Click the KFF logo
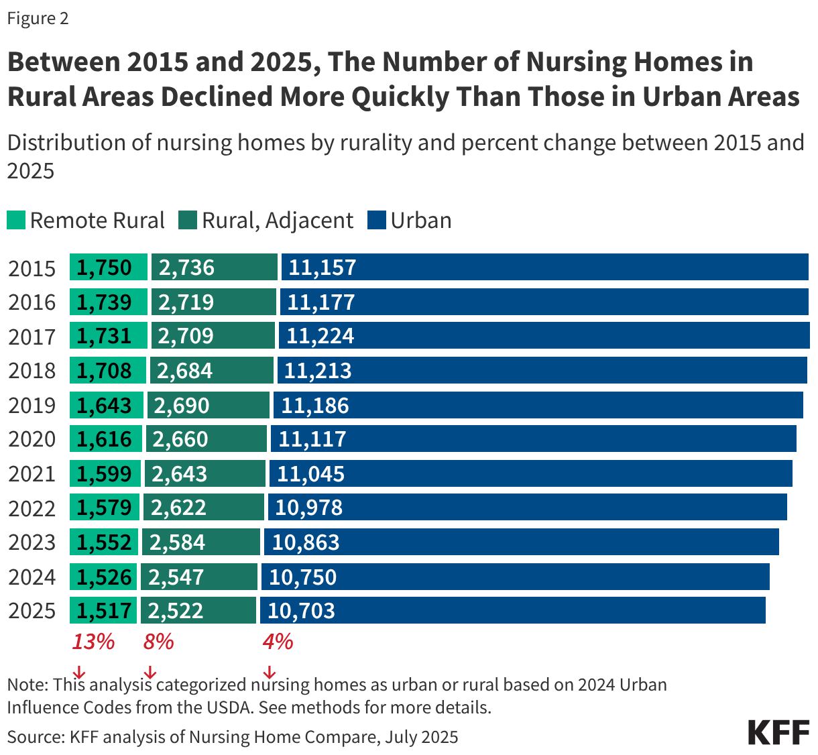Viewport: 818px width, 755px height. pyautogui.click(x=778, y=733)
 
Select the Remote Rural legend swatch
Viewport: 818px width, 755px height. pyautogui.click(x=16, y=221)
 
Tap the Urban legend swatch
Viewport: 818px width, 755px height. pyautogui.click(x=377, y=221)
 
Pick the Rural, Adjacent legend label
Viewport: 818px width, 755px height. pyautogui.click(x=278, y=221)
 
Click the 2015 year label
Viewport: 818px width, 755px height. pyautogui.click(x=32, y=268)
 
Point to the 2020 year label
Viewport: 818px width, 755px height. pyautogui.click(x=32, y=439)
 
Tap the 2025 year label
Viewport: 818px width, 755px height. pyautogui.click(x=32, y=611)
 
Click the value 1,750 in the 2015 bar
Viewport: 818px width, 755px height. pyautogui.click(x=104, y=268)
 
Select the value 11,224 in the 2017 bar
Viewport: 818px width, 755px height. pyautogui.click(x=320, y=336)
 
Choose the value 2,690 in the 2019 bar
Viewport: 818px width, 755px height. pyautogui.click(x=182, y=406)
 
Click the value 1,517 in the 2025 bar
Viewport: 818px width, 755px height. pyautogui.click(x=104, y=611)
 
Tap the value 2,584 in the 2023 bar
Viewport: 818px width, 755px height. pyautogui.click(x=177, y=542)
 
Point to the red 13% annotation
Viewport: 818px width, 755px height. pyautogui.click(x=93, y=642)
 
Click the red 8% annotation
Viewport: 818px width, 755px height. pyautogui.click(x=158, y=642)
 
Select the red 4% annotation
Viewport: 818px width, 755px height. pyautogui.click(x=278, y=642)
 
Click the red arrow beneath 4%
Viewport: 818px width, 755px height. pyautogui.click(x=270, y=672)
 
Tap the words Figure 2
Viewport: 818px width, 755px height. pyautogui.click(x=38, y=18)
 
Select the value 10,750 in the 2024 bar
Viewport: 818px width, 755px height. pyautogui.click(x=302, y=577)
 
